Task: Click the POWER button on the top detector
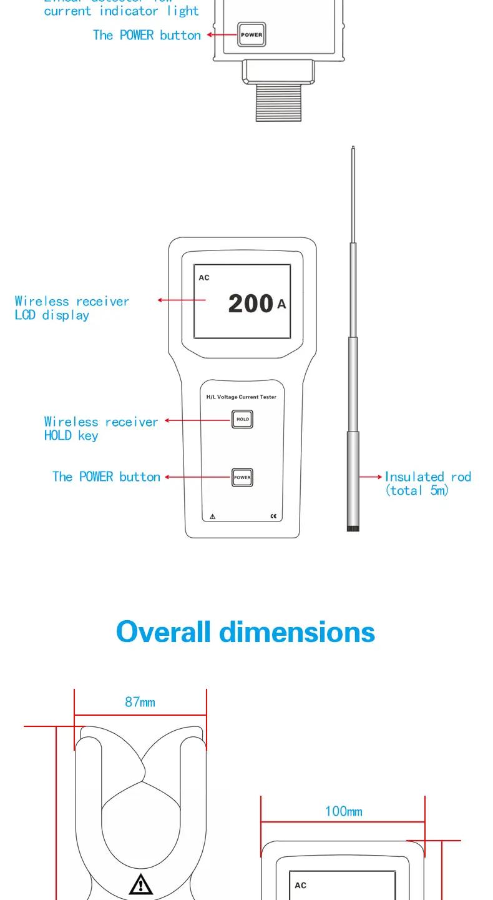pyautogui.click(x=251, y=34)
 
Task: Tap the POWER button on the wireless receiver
pyautogui.click(x=242, y=477)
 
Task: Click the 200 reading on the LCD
pyautogui.click(x=250, y=304)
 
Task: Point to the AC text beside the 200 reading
pyautogui.click(x=204, y=277)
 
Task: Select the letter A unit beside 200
pyautogui.click(x=281, y=304)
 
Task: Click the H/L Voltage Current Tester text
pyautogui.click(x=242, y=397)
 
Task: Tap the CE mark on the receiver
pyautogui.click(x=273, y=517)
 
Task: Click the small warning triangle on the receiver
pyautogui.click(x=212, y=517)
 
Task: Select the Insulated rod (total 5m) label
pyautogui.click(x=427, y=483)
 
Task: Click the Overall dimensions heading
pyautogui.click(x=245, y=631)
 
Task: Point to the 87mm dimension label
pyautogui.click(x=140, y=702)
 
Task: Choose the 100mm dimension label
pyautogui.click(x=343, y=811)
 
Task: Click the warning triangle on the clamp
pyautogui.click(x=141, y=884)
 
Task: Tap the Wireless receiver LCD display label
pyautogui.click(x=72, y=308)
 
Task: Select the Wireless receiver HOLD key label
pyautogui.click(x=101, y=428)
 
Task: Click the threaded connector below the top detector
pyautogui.click(x=278, y=102)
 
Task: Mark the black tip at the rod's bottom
pyautogui.click(x=353, y=528)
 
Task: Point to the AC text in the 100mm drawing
pyautogui.click(x=300, y=885)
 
